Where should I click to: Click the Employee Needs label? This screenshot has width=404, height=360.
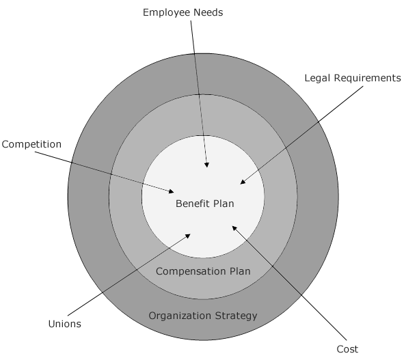coord(183,13)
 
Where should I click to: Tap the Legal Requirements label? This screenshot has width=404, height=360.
coord(353,79)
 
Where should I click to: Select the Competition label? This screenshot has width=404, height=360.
coord(31,144)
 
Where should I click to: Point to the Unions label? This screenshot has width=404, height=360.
coord(65,324)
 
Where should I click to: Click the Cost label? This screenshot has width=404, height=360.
coord(347,349)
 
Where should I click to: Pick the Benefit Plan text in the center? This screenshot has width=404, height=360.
coord(205,204)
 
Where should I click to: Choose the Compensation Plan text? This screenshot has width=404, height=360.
coord(203,271)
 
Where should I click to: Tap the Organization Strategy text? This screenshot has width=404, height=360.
coord(203,316)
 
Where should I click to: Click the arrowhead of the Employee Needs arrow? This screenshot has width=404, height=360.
coord(206,165)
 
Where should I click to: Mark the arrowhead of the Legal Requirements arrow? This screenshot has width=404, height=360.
coord(243,182)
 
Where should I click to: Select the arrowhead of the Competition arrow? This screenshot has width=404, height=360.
coord(172,191)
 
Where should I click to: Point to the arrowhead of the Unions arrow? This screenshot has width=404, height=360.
coord(188,236)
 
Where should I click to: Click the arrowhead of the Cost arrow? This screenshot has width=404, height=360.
coord(234,228)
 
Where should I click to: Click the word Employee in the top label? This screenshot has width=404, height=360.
coord(167,13)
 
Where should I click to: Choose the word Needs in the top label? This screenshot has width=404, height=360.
coord(208,12)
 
